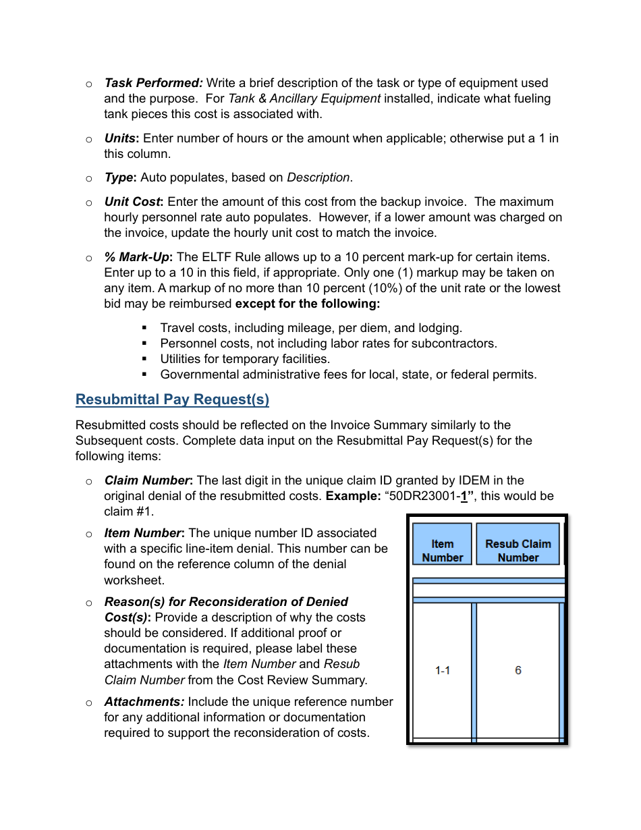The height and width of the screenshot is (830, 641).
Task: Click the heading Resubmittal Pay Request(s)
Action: point(172,399)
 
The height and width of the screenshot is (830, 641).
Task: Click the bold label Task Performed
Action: point(153,83)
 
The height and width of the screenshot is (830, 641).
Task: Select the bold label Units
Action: point(121,138)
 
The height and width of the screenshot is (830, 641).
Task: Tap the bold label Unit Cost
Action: point(134,202)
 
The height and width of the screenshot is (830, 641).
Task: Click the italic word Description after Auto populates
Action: point(318,177)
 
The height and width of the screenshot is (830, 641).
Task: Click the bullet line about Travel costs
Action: point(310,328)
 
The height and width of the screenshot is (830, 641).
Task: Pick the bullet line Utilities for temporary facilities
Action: point(244,359)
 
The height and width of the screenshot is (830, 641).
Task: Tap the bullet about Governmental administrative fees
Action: point(348,375)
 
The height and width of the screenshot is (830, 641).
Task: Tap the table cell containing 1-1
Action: point(443,670)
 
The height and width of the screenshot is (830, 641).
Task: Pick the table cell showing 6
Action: point(518,670)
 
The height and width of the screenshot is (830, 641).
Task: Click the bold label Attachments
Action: point(144,702)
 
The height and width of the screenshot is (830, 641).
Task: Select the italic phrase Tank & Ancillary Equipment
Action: point(304,99)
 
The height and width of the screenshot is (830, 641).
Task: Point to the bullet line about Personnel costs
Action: point(328,343)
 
